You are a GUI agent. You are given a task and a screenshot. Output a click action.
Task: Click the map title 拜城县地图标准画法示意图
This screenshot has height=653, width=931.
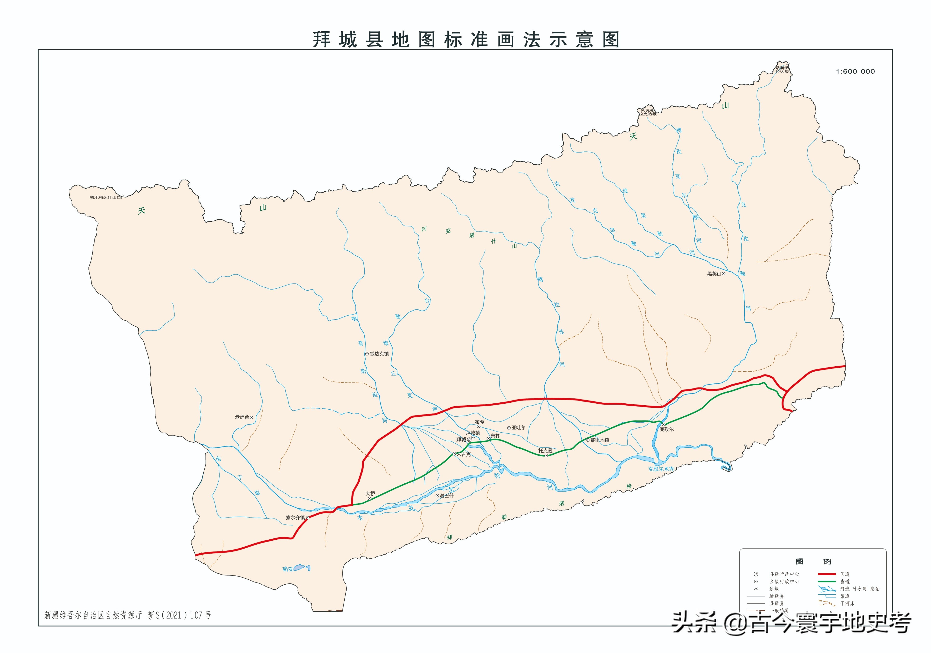(x=466, y=40)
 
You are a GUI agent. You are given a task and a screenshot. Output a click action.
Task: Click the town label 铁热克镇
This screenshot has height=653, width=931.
(x=379, y=354)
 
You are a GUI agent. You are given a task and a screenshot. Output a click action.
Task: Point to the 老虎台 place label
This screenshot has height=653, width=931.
(x=242, y=417)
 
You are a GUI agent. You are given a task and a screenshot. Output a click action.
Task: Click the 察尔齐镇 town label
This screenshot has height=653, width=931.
(x=295, y=518)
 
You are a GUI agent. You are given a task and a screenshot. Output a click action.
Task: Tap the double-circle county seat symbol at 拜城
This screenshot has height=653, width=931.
(x=469, y=440)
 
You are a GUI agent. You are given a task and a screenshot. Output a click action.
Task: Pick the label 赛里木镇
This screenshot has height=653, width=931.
(x=599, y=440)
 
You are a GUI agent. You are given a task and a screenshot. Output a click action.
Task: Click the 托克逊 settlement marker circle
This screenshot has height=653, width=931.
(x=546, y=455)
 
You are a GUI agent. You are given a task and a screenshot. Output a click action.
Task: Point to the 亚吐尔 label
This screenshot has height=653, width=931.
(x=518, y=428)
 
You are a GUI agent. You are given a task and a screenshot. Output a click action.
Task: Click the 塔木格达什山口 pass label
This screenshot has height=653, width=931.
(x=105, y=198)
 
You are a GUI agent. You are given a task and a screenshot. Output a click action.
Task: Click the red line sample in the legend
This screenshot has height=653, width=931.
(x=826, y=574)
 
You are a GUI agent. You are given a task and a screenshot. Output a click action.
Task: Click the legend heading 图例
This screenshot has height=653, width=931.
(x=813, y=562)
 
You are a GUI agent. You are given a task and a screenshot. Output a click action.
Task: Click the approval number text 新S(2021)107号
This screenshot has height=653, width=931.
(x=179, y=615)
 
